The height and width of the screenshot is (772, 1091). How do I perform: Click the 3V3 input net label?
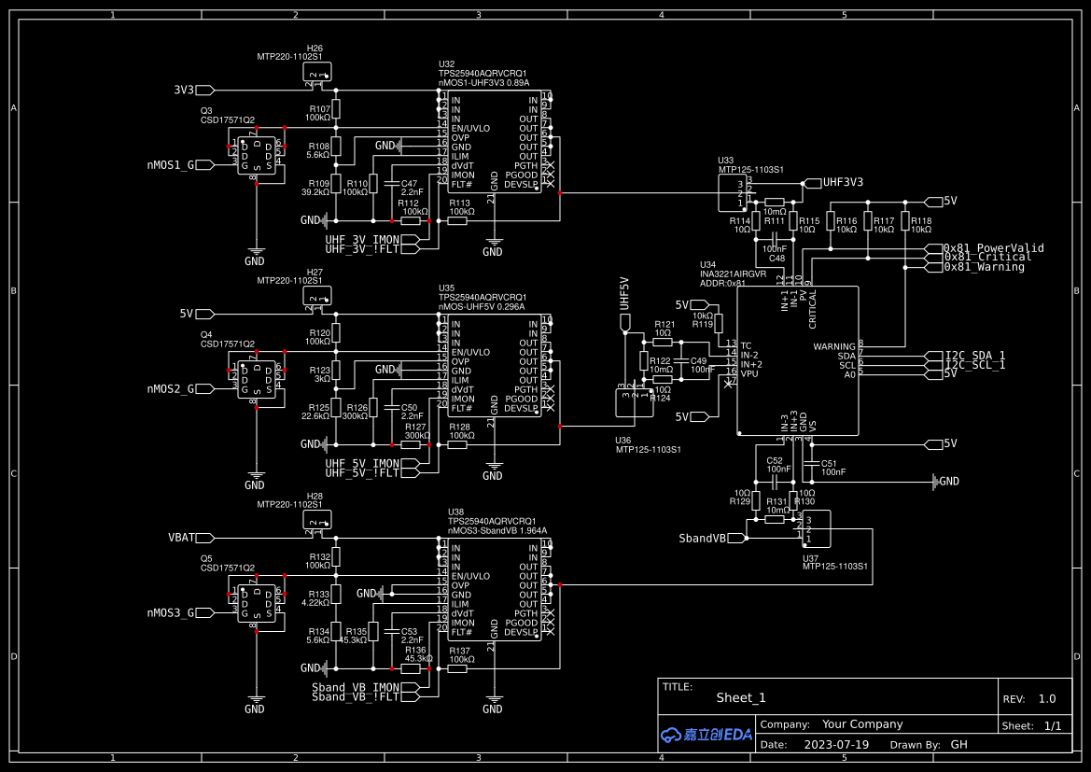184,91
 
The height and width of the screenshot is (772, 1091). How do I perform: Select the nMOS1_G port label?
171,165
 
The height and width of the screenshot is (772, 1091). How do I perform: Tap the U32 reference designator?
447,64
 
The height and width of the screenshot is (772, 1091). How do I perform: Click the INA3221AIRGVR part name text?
733,274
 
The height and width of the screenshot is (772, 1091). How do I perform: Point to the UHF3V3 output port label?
842,183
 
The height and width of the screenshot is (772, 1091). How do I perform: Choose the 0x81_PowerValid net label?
993,248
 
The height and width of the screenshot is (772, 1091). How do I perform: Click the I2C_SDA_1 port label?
975,356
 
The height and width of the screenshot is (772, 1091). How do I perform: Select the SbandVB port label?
702,539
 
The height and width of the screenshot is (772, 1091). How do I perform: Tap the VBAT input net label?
181,538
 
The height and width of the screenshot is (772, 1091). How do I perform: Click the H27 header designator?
315,272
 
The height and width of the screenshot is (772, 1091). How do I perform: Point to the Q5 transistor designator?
206,558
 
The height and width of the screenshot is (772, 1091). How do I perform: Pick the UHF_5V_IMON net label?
362,464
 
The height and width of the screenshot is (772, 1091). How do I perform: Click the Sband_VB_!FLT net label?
355,697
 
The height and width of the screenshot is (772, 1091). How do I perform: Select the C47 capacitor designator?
409,183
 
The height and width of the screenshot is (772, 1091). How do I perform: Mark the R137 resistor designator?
460,651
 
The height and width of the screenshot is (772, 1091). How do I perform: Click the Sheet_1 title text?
741,697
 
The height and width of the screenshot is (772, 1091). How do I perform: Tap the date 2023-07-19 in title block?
835,745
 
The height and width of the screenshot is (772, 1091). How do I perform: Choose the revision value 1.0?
1047,699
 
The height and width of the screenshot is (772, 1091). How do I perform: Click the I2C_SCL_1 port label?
975,365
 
